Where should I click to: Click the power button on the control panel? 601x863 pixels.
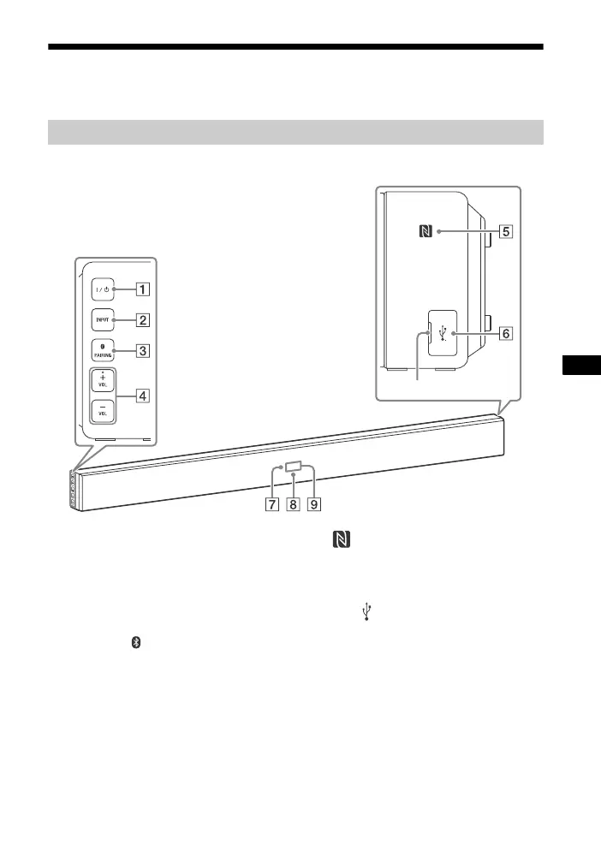pos(102,289)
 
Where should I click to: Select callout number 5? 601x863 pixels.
pos(507,231)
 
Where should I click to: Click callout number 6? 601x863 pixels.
pos(507,333)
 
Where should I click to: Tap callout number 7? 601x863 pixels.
pos(271,504)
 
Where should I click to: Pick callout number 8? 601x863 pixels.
pos(293,504)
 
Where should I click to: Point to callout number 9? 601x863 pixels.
pos(314,504)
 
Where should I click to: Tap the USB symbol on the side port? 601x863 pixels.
pos(442,332)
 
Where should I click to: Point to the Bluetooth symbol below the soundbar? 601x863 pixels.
pos(134,642)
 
